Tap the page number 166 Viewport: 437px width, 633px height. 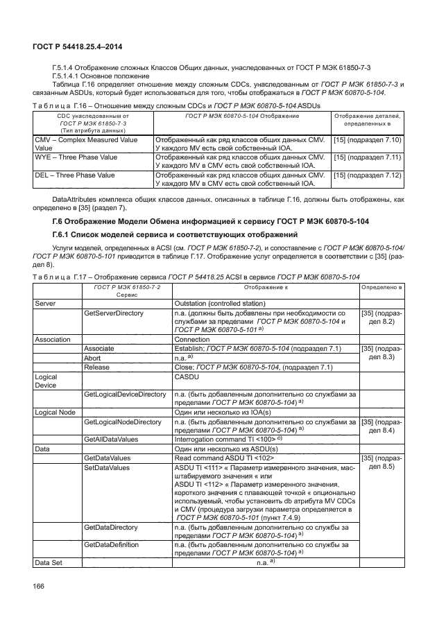(40, 587)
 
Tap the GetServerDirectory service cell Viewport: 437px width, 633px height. (113, 313)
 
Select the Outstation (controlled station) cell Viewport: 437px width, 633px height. (221, 304)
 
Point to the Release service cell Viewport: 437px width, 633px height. (97, 367)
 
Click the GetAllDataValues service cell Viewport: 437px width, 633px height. (111, 440)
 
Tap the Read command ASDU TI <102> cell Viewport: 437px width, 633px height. (225, 459)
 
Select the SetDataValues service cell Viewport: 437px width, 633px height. (107, 468)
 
